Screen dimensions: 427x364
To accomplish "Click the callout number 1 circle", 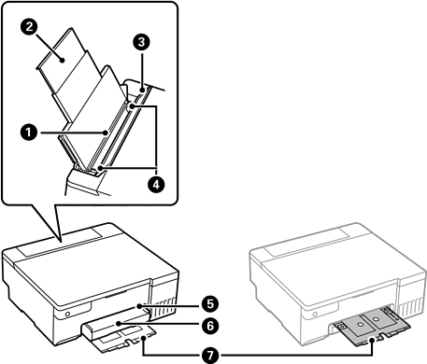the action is coord(28,133).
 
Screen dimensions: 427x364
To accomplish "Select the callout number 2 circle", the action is coord(29,26).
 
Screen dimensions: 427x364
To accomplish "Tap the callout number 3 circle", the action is coord(142,42).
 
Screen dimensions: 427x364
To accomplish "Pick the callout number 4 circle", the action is coord(156,185).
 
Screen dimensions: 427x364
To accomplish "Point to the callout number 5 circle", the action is coord(210,303).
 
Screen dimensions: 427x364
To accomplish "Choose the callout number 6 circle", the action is coord(210,326).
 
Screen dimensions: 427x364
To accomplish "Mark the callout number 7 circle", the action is coord(210,355).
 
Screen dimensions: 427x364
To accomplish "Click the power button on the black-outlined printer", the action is coord(67,314).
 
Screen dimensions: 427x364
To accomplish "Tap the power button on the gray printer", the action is coord(315,314).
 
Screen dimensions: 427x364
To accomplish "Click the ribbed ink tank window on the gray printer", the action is coord(412,305).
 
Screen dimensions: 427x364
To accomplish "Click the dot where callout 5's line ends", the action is coord(139,306).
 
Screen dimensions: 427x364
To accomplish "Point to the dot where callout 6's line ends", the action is coord(118,324).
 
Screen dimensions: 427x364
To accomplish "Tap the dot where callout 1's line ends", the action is coord(107,133).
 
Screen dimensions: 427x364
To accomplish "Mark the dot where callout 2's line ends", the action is coord(63,60).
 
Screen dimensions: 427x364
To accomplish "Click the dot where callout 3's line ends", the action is coord(142,91).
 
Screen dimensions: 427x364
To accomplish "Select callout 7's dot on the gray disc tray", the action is coord(372,341).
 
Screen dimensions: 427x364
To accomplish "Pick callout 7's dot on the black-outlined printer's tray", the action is coord(143,338).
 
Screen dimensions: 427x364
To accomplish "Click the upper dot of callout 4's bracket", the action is coord(133,106).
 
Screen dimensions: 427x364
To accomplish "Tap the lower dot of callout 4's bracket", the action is coord(100,168).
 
